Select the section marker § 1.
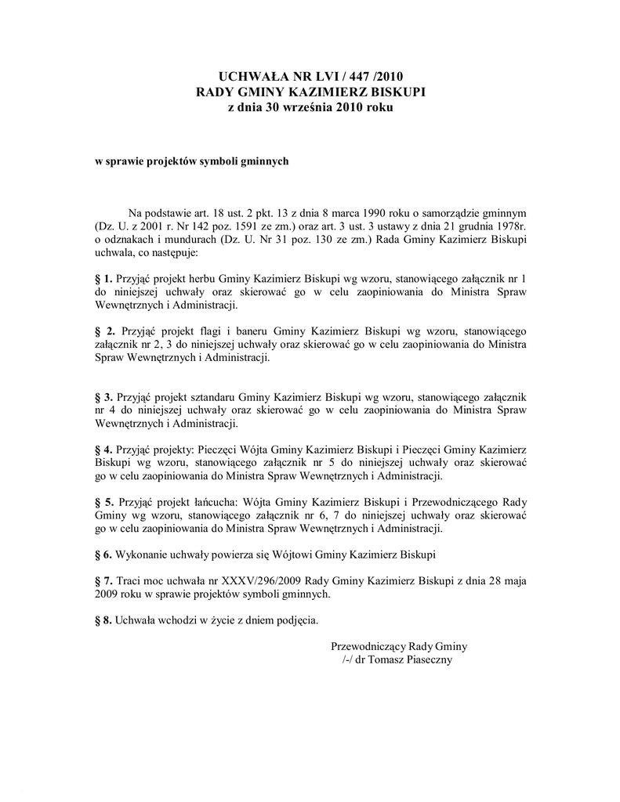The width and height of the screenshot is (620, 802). (x=103, y=278)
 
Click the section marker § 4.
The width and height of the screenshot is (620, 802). (x=103, y=450)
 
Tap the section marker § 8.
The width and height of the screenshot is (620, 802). (x=103, y=621)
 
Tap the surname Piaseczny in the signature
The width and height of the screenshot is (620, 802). (x=425, y=660)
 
